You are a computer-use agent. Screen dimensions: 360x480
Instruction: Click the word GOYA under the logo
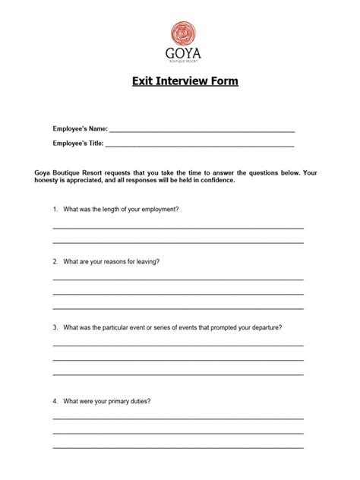tap(179, 55)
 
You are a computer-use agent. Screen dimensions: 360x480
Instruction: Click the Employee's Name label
tap(80, 129)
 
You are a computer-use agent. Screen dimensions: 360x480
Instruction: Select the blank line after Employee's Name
tap(202, 131)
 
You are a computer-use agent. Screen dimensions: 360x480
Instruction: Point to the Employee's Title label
tap(78, 142)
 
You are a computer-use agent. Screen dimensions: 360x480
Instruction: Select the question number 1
tap(55, 209)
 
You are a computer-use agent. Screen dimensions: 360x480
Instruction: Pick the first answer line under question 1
tap(178, 227)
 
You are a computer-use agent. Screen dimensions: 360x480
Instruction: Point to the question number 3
tap(55, 328)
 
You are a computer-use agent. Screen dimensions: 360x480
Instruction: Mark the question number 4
tap(55, 400)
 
